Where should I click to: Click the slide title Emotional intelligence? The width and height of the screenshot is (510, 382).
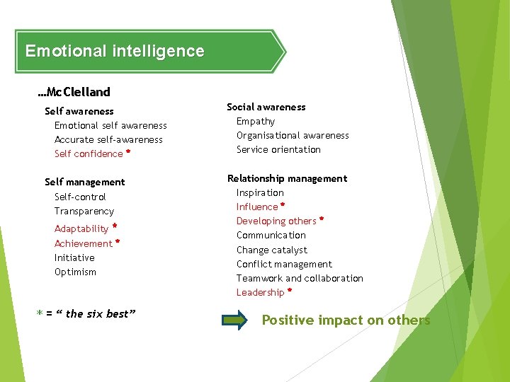coord(115,51)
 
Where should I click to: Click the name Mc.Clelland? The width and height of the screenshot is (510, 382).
coord(74,92)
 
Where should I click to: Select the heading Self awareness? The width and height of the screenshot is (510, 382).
coord(79,111)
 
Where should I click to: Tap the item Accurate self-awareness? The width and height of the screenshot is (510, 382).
coord(108,139)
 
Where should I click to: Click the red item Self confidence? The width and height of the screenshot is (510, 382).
coord(89,154)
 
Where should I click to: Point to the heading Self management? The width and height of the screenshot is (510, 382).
coord(84,182)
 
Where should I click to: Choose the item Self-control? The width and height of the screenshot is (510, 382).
coord(80,197)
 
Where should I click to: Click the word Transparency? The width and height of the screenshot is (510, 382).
coord(84,211)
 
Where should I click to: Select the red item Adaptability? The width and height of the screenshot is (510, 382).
coord(81,228)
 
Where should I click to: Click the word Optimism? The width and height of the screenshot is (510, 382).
coord(75,272)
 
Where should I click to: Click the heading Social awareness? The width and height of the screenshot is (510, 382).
coord(266,107)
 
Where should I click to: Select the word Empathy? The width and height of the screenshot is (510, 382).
coord(256,121)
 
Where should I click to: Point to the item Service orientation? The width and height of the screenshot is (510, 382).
coord(278,149)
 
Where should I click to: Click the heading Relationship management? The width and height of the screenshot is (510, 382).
coord(287,178)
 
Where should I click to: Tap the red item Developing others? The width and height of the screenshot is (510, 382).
coord(276,221)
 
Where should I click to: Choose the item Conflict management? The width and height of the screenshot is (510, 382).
coord(284,264)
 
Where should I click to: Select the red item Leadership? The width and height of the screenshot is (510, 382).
coord(260,292)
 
